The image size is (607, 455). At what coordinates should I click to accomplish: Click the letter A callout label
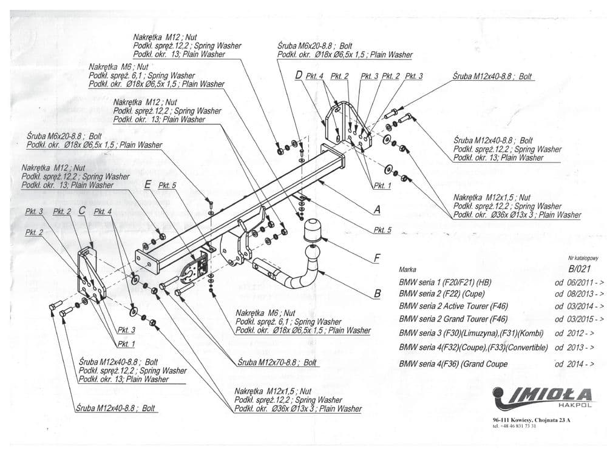(377, 210)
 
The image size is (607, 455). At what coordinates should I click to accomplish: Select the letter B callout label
(377, 294)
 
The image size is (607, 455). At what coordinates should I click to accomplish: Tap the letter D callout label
(299, 75)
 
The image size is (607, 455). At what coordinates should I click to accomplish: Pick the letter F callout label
(377, 258)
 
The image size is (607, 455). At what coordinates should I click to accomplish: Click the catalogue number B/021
(580, 269)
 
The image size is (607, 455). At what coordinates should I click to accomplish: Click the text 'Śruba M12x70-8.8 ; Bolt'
(277, 362)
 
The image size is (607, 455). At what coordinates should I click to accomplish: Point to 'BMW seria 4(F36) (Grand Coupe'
(453, 364)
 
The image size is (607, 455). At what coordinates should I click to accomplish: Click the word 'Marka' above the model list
(408, 268)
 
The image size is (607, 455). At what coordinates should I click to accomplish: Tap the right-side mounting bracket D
(349, 127)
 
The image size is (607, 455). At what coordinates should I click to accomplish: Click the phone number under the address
(514, 426)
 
